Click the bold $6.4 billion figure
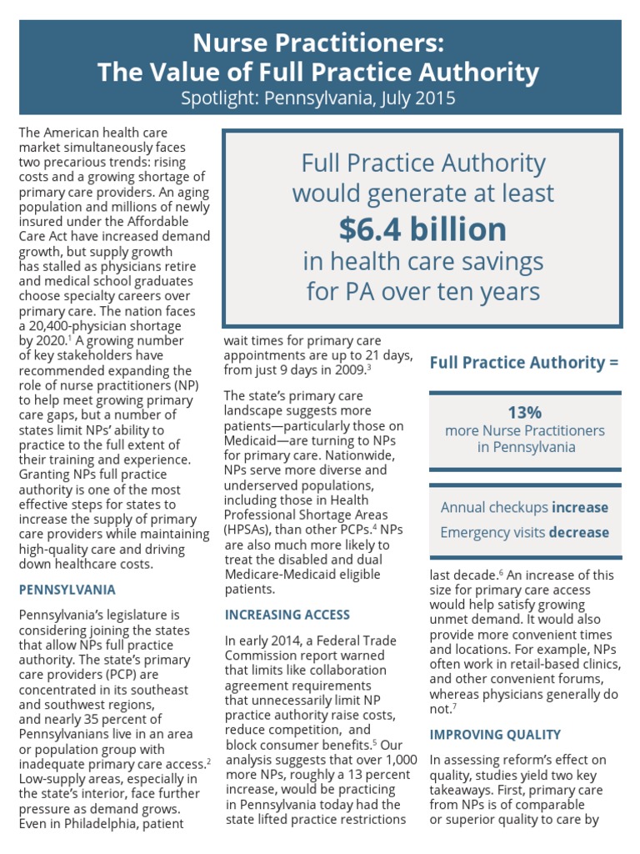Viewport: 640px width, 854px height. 422,229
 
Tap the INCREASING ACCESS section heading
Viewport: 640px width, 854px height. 287,615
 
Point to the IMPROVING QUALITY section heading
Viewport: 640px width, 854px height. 495,735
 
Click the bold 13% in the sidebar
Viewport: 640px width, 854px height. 525,412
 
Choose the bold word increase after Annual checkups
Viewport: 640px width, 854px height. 580,507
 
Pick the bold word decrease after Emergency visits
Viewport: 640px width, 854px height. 580,532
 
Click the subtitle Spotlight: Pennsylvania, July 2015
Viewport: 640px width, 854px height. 319,98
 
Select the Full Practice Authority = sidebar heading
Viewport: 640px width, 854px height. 524,362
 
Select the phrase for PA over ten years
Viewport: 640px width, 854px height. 422,292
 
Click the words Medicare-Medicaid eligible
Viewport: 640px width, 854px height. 302,574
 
